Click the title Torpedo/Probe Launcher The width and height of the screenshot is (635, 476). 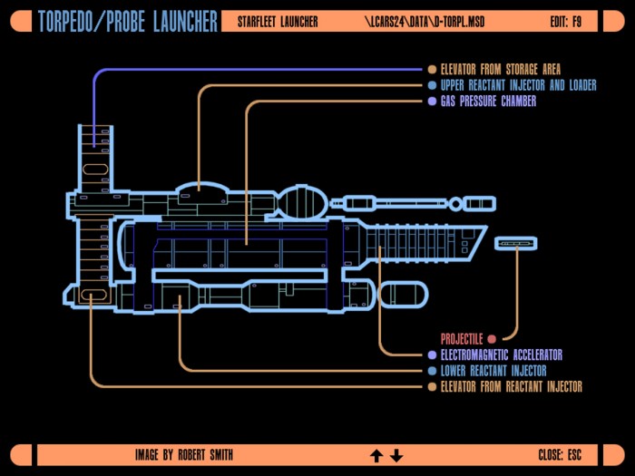tap(128, 22)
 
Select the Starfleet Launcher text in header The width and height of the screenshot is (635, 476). tap(278, 22)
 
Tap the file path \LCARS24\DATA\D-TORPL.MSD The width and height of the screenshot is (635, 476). tap(425, 22)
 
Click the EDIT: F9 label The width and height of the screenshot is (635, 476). tap(566, 22)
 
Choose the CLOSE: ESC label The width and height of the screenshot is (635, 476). tap(560, 455)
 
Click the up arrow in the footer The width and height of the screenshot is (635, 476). tap(376, 456)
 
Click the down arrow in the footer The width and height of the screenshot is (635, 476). tap(396, 456)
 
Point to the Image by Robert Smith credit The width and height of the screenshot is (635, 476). tap(184, 455)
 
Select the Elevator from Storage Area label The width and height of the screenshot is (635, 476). tap(501, 70)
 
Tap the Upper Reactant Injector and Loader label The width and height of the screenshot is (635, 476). tap(518, 85)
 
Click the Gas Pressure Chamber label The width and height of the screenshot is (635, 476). tap(488, 102)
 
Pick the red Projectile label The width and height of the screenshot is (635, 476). tap(462, 339)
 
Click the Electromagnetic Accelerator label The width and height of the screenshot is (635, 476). tap(502, 355)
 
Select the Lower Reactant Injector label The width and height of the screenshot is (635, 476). tap(493, 371)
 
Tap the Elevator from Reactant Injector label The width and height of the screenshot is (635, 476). tap(511, 386)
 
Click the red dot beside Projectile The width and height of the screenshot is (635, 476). tap(492, 339)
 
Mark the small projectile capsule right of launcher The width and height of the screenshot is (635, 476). tap(516, 243)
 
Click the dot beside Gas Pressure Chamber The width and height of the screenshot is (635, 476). tap(432, 102)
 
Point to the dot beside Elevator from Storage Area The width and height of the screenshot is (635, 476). tap(432, 70)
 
